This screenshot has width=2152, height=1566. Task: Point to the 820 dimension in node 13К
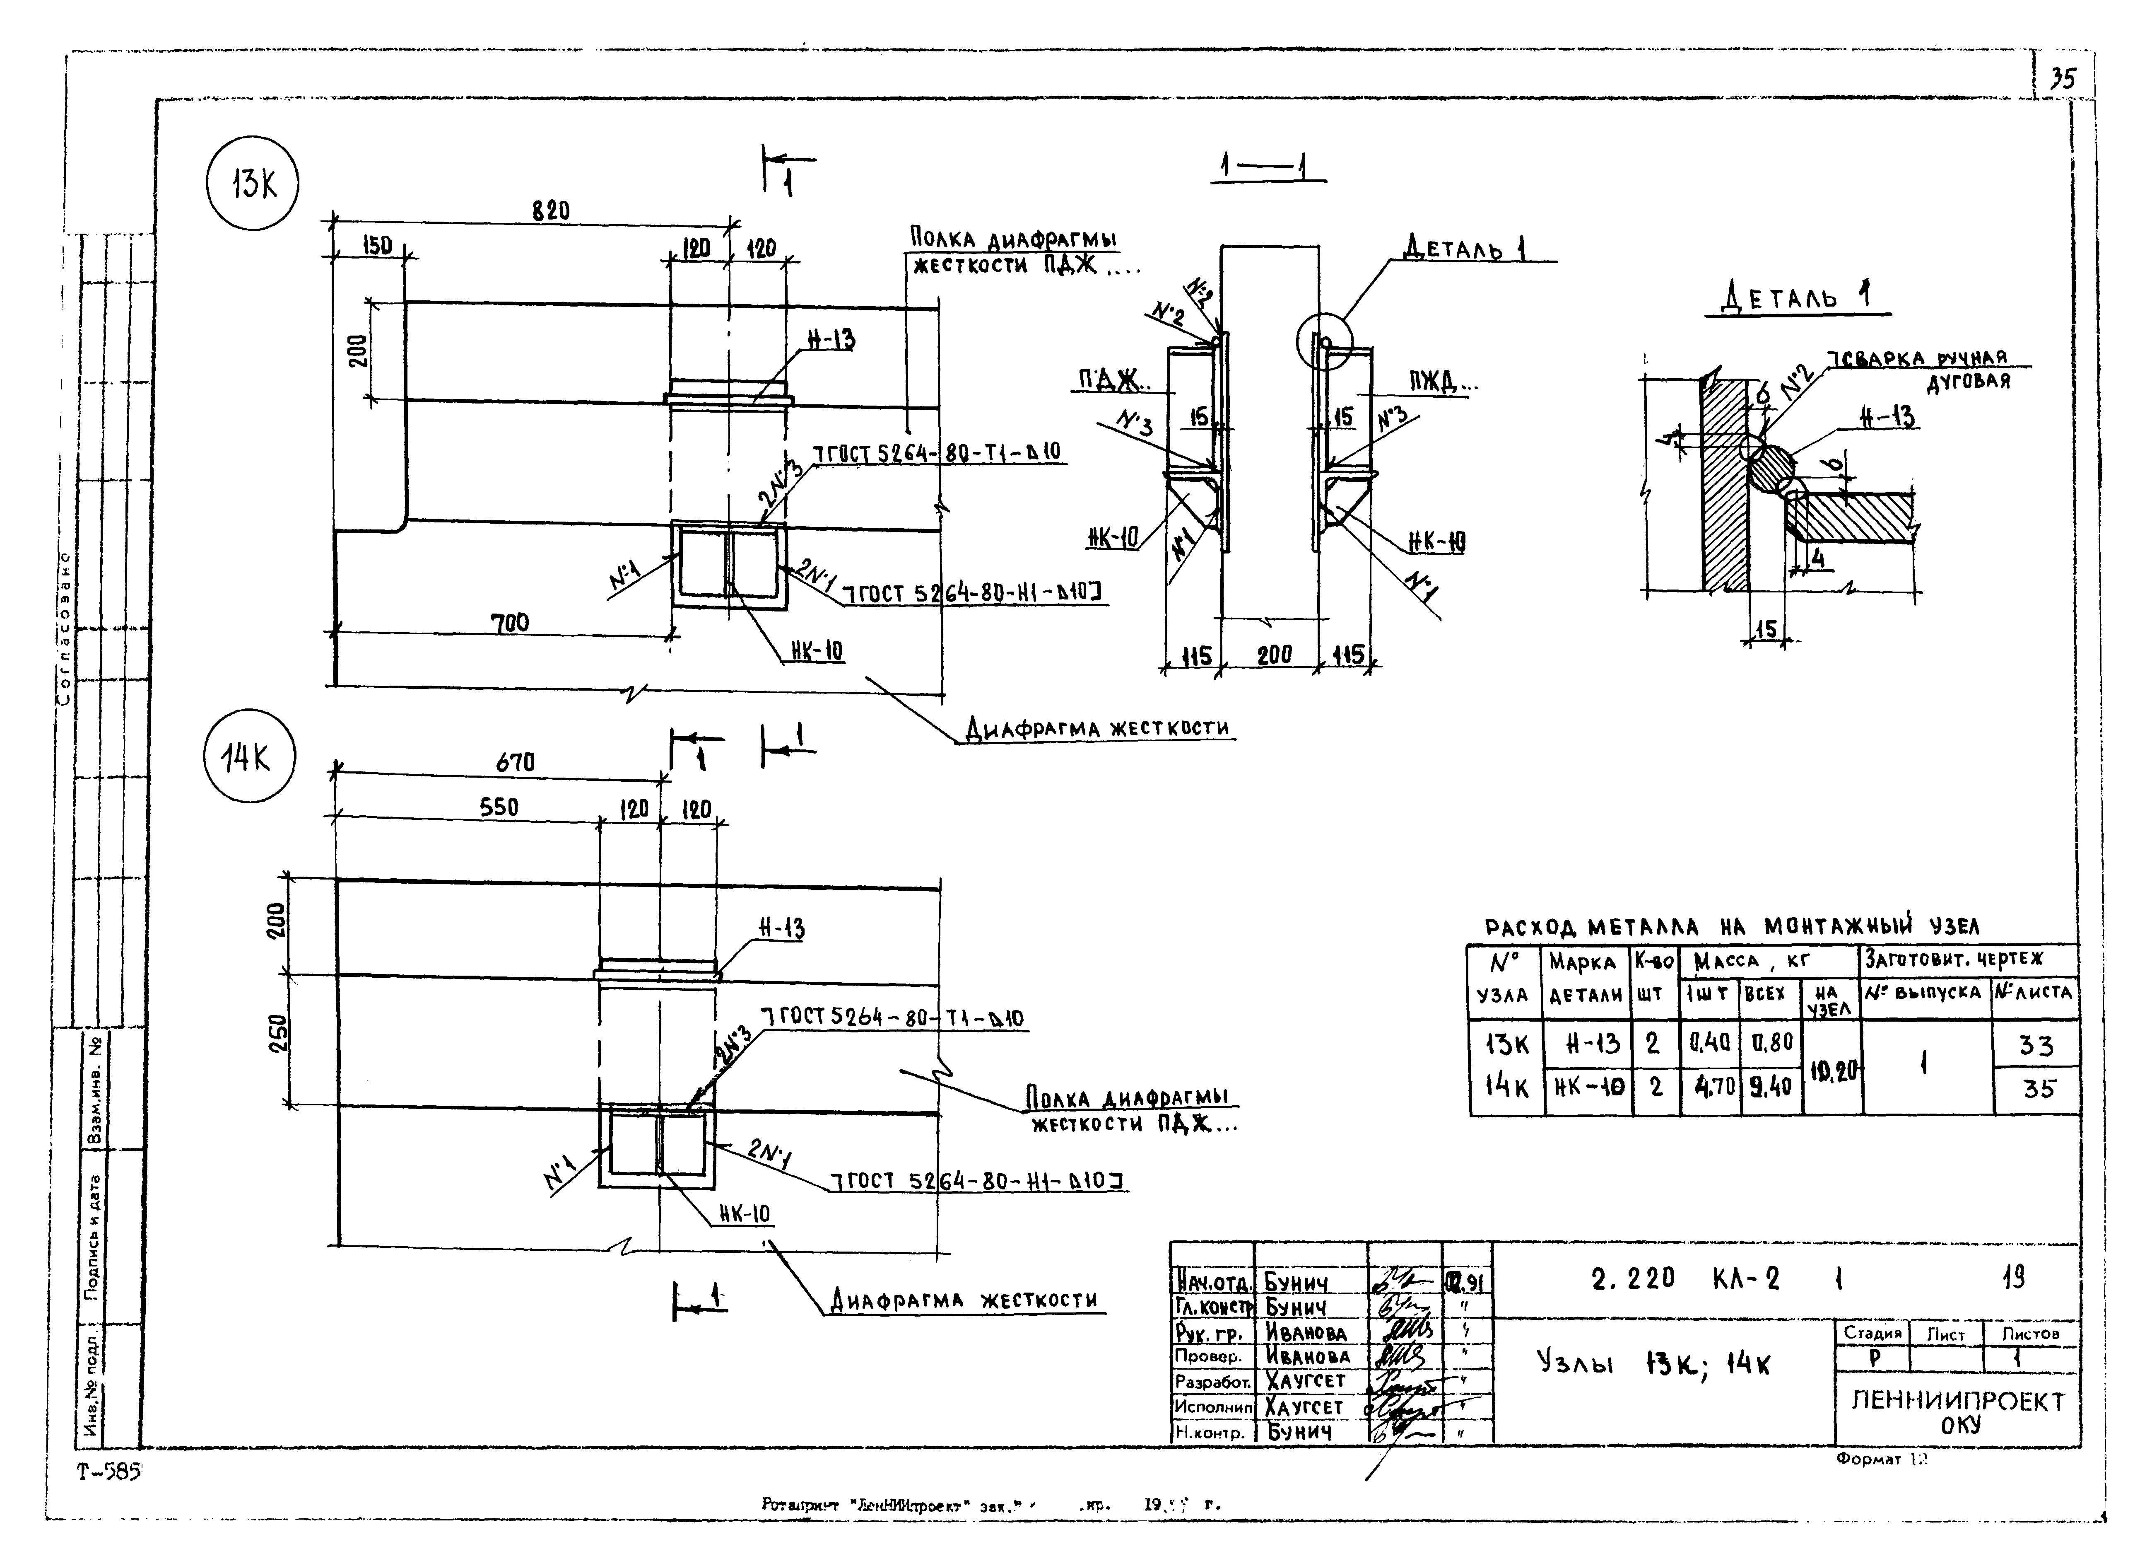[550, 211]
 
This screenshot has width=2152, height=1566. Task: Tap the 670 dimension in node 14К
[515, 762]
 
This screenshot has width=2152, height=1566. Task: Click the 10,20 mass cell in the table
[1831, 1071]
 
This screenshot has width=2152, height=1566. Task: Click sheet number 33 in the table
[2035, 1045]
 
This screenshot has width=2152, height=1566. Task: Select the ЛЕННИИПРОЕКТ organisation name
[1957, 1401]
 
